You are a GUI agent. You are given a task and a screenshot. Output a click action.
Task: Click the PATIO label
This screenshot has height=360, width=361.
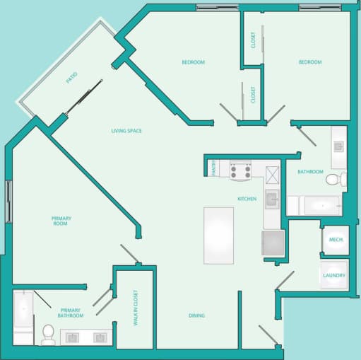[71, 79]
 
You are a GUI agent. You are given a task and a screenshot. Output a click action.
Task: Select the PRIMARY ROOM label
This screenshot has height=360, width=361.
[61, 221]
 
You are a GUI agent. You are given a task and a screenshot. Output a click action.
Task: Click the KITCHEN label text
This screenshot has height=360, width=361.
[247, 199]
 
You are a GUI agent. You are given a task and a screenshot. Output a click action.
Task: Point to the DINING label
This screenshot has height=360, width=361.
[197, 315]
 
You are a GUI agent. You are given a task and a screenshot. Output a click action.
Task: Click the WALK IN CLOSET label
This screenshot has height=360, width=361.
[136, 308]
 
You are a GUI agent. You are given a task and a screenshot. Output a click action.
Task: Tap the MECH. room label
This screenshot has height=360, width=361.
[336, 240]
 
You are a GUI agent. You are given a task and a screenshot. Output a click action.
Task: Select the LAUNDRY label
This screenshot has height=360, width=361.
[333, 275]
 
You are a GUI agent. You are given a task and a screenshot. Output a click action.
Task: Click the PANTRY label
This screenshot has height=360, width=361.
[214, 168]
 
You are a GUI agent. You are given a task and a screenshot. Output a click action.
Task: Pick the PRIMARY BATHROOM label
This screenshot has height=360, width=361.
[71, 313]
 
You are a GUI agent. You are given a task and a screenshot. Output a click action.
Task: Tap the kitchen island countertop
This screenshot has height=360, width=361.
[218, 235]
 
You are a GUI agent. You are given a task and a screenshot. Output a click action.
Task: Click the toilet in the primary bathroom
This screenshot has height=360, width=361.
[48, 334]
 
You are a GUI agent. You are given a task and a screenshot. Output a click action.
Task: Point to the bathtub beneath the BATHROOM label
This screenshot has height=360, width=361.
[314, 206]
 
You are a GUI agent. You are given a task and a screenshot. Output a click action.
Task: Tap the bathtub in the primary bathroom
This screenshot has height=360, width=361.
[22, 311]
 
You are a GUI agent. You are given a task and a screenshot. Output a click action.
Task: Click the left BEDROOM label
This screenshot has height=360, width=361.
[193, 62]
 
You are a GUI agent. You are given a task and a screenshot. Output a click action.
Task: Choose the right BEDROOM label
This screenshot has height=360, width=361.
[309, 62]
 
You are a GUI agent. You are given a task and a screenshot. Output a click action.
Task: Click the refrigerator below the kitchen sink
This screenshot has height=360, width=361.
[273, 243]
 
